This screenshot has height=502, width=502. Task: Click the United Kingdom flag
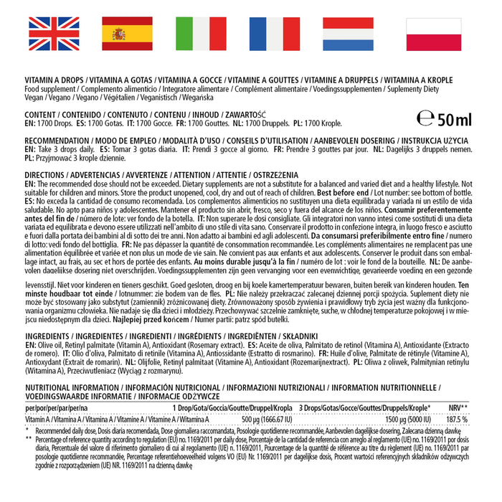(54, 34)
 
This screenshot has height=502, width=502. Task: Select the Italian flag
(201, 34)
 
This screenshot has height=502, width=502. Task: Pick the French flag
(275, 34)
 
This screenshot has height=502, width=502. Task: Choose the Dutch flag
(348, 34)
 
